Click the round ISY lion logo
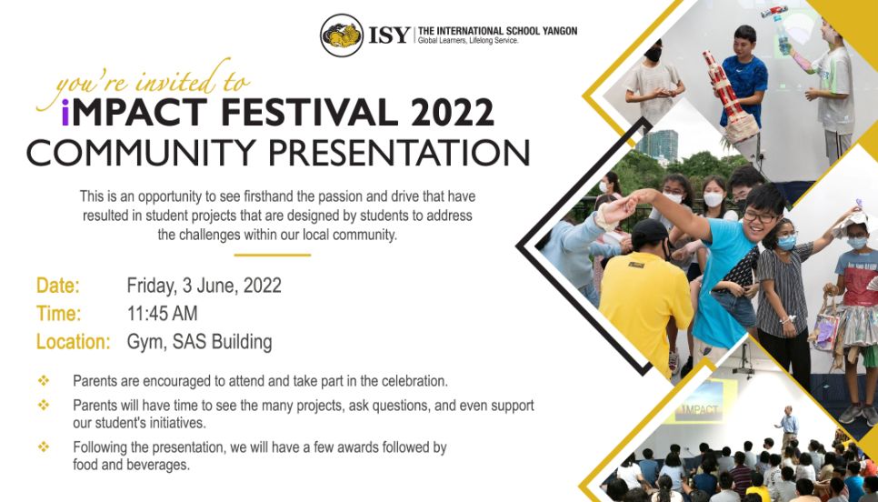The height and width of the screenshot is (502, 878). click(342, 35)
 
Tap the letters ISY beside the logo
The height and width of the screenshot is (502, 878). click(389, 35)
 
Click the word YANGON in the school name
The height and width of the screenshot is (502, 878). click(559, 31)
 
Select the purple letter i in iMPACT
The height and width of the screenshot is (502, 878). click(65, 112)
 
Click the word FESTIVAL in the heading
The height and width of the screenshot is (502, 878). click(311, 112)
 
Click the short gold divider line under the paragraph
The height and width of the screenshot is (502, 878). click(272, 255)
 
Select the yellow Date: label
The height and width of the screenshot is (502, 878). click(58, 286)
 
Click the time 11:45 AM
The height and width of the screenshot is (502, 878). click(163, 313)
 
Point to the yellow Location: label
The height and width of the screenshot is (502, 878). click(74, 342)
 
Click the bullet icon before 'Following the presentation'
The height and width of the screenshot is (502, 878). click(44, 447)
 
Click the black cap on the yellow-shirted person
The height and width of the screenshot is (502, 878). click(650, 232)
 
